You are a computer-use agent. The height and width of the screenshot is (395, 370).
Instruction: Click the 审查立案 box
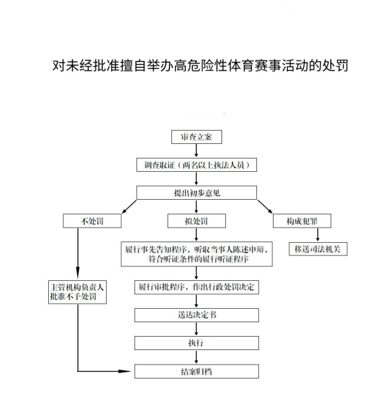tap(197, 137)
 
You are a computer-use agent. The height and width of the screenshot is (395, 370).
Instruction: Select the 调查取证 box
tap(197, 165)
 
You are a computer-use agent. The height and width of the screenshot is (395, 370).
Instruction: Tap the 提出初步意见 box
tap(197, 193)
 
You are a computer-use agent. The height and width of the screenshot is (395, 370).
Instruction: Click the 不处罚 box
tap(92, 221)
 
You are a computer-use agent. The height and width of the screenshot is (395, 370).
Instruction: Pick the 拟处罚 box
tap(197, 221)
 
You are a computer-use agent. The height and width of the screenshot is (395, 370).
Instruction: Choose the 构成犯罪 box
tap(302, 221)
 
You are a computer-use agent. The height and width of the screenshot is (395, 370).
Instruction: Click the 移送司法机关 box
tap(318, 249)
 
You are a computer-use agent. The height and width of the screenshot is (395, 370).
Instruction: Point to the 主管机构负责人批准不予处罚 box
tap(77, 292)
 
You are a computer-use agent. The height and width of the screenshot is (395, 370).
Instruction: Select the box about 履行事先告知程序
tap(197, 254)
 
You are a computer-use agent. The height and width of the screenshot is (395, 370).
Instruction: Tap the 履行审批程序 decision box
tap(197, 287)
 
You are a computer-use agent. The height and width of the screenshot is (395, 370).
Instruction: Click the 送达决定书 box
tap(197, 315)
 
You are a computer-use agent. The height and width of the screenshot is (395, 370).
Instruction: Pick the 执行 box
tap(197, 343)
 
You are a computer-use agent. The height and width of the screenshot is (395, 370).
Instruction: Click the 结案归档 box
tap(197, 372)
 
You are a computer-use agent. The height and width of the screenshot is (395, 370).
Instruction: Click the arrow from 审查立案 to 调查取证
tap(196, 151)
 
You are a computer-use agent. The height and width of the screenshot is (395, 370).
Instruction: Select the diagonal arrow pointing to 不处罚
tap(129, 207)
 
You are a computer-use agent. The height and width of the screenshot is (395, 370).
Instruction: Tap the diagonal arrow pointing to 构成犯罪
tap(265, 207)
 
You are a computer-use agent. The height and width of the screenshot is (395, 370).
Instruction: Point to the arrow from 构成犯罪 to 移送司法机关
tap(317, 235)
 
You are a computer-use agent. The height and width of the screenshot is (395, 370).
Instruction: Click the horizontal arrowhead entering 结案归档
tap(125, 371)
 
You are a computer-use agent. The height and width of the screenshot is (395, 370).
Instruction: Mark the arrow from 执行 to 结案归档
tap(196, 357)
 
